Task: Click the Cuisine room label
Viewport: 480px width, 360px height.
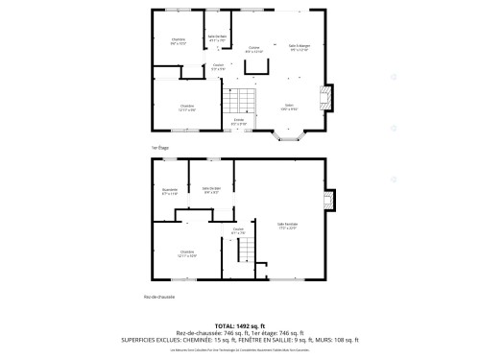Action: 254,48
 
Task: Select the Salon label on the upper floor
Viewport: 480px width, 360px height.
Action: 288,107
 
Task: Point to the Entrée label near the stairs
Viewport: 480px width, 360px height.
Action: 239,122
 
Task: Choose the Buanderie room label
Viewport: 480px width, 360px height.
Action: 170,191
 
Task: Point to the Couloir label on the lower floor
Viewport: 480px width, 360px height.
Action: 238,230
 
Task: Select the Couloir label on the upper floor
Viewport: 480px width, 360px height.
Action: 219,67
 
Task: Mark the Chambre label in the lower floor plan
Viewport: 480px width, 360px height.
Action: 187,254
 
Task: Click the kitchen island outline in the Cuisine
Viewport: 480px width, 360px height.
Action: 258,65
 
